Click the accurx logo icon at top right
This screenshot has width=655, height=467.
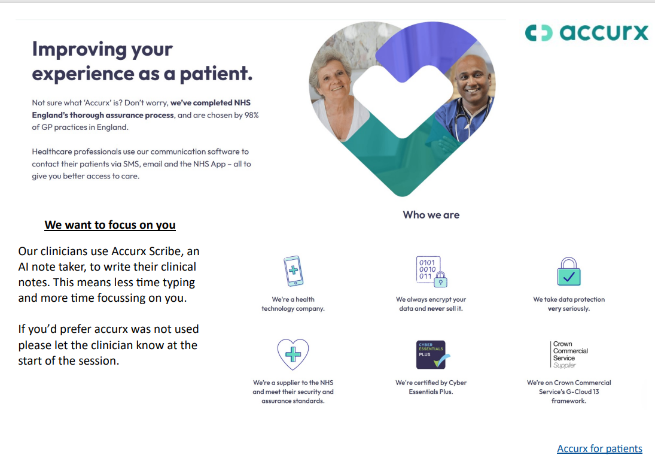click(539, 32)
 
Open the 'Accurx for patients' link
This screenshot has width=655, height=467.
click(599, 448)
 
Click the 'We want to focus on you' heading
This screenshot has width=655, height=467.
click(110, 225)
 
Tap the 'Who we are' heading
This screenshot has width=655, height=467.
click(431, 215)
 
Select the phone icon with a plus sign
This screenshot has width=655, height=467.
click(293, 271)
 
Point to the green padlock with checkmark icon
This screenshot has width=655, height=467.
click(569, 272)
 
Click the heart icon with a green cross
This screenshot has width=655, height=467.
click(293, 354)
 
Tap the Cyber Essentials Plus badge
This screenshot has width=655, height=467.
click(431, 354)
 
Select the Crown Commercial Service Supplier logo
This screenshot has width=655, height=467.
click(569, 354)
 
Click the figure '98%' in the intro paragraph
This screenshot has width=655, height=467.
click(252, 115)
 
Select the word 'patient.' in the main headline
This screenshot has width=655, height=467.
click(217, 74)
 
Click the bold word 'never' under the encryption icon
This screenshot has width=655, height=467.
click(436, 308)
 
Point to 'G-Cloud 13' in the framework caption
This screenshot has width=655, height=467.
click(582, 392)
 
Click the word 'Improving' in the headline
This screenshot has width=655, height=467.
click(80, 50)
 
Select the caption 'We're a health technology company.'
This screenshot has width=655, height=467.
click(293, 304)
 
